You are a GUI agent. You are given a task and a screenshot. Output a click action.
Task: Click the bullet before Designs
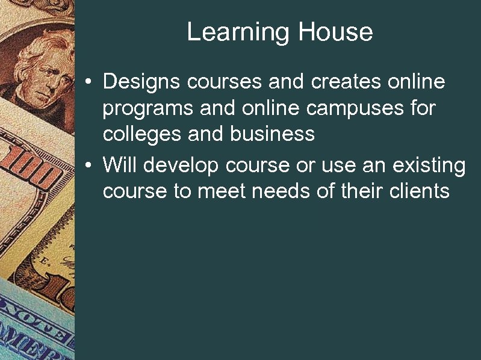[88, 82]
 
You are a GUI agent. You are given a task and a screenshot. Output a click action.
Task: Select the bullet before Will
[88, 165]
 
